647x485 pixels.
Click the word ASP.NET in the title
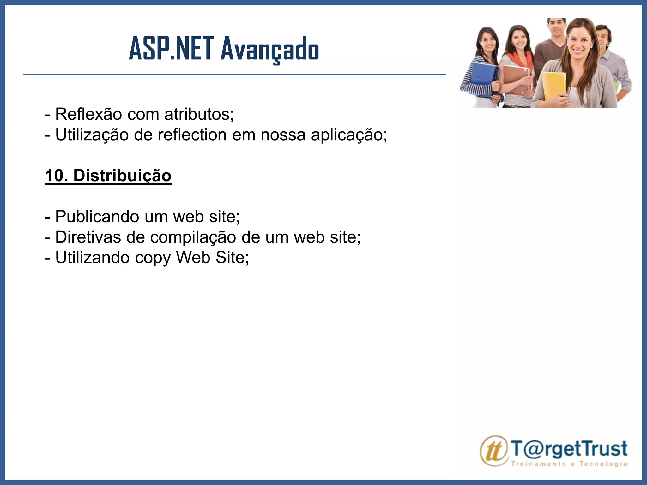click(x=171, y=49)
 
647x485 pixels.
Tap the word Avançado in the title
click(x=270, y=50)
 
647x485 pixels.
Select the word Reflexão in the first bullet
click(x=88, y=114)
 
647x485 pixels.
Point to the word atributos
click(x=199, y=114)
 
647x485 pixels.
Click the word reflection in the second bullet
click(x=192, y=135)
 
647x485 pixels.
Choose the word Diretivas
click(x=88, y=237)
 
